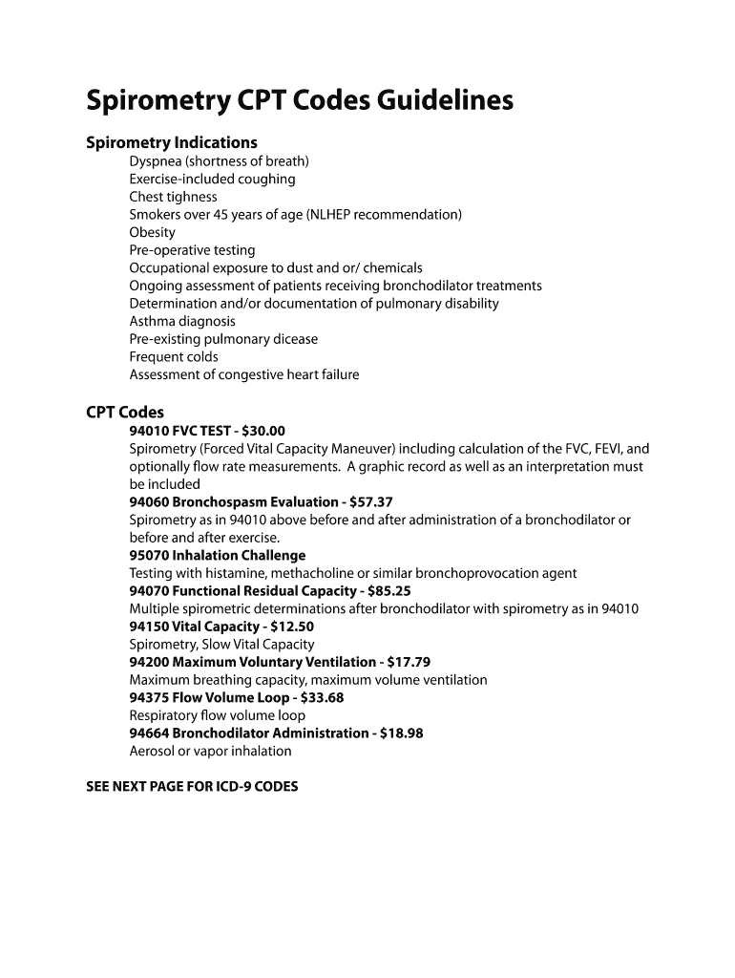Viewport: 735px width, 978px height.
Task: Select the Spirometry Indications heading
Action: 172,143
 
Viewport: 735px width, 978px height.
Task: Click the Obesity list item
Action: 153,232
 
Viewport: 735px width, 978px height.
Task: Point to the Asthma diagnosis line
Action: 182,321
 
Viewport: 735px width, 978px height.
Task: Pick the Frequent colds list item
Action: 174,357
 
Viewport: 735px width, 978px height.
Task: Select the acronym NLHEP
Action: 333,215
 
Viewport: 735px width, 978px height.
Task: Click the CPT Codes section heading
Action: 125,413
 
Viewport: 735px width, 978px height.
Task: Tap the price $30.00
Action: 263,431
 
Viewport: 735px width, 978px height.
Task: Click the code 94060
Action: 149,502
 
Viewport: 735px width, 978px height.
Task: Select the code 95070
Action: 149,556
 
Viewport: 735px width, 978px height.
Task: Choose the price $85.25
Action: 389,591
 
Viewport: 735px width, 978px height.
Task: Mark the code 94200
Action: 149,662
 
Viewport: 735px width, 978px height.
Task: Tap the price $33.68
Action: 323,697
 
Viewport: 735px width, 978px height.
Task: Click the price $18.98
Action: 402,733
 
